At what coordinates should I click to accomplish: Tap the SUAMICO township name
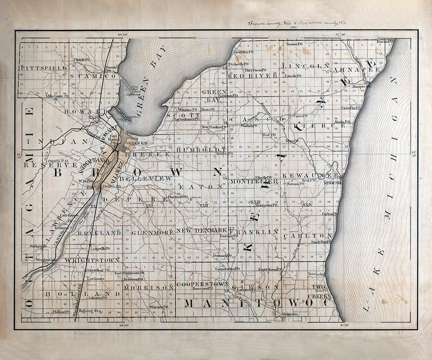pos(93,76)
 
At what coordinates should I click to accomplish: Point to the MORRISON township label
pos(148,288)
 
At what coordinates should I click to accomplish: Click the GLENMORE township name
pos(152,232)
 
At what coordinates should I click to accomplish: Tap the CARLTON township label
pos(308,236)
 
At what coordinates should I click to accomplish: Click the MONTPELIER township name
pos(254,181)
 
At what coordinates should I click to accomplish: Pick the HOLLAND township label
pos(82,294)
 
